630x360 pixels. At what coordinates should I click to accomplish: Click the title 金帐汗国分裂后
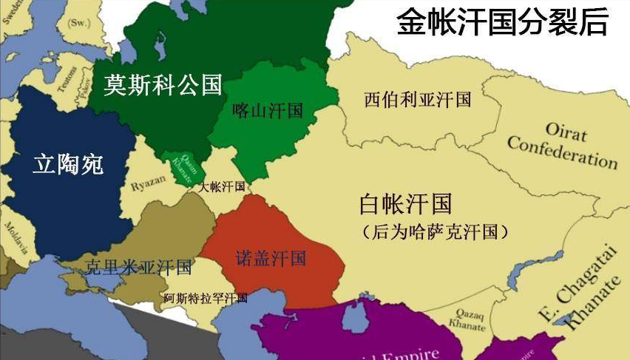502,22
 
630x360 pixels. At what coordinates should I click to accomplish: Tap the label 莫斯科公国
163,85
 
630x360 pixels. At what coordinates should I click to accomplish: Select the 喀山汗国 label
268,111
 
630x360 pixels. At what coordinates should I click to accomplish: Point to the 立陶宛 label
68,163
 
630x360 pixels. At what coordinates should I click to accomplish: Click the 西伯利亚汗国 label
418,100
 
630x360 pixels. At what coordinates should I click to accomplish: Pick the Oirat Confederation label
563,143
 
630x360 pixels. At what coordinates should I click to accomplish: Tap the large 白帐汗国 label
405,203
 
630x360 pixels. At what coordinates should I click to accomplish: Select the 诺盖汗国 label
271,259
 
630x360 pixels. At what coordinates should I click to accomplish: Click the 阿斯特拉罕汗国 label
206,299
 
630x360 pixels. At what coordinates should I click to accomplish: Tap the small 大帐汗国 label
221,187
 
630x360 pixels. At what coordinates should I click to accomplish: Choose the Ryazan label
148,186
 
